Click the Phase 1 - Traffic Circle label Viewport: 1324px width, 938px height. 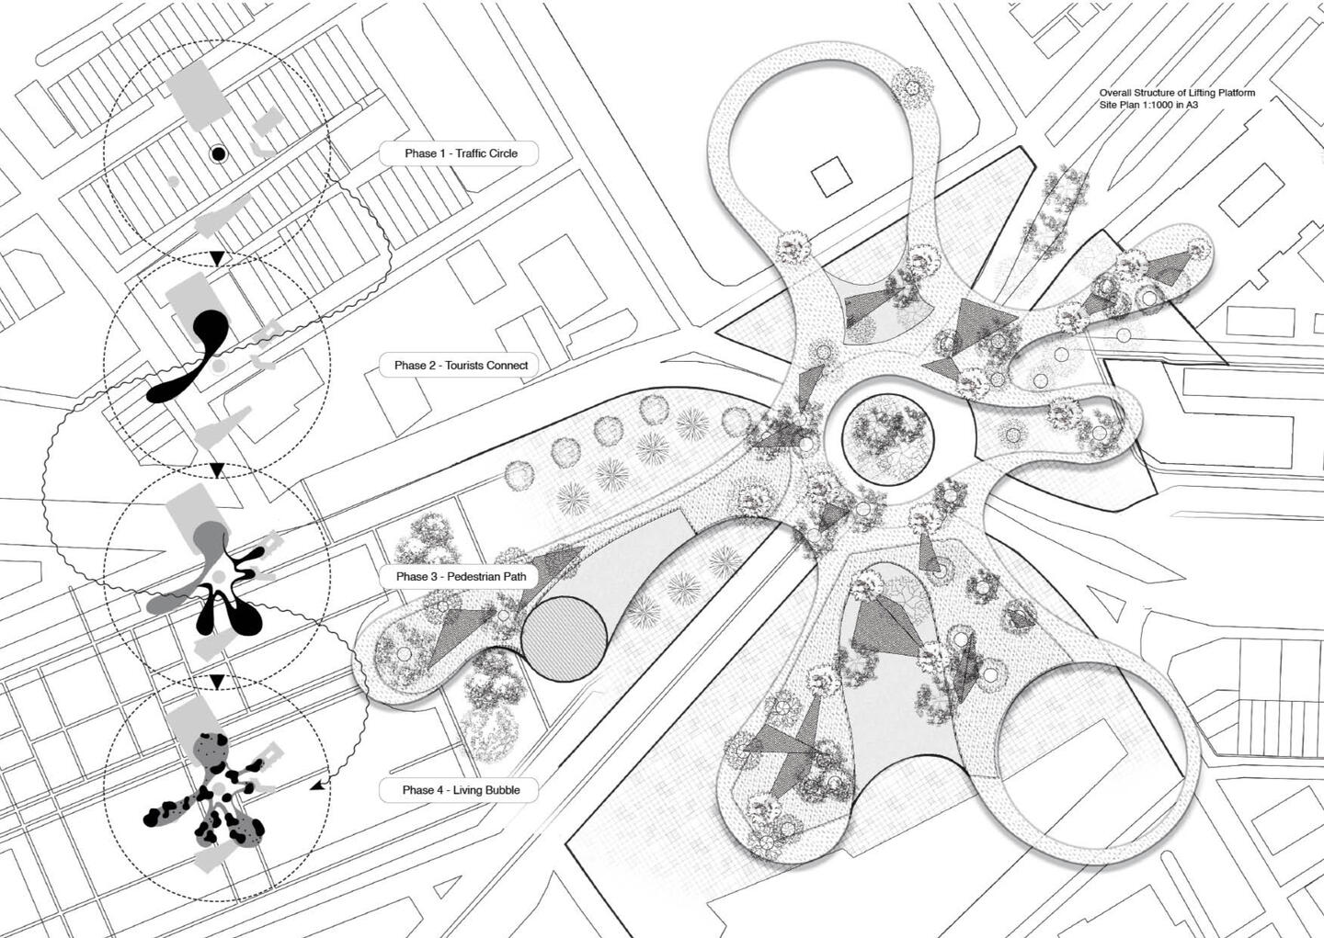(x=460, y=153)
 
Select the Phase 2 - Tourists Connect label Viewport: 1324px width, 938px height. (x=460, y=365)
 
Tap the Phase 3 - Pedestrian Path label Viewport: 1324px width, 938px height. (x=460, y=577)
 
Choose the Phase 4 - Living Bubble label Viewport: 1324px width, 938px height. (x=460, y=790)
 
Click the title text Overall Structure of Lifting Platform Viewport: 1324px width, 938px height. (x=1177, y=94)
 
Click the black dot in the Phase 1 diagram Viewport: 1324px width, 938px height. (x=219, y=154)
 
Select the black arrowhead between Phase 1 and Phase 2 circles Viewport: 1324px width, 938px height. (x=218, y=258)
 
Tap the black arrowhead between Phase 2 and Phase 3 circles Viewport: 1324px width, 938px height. (x=218, y=470)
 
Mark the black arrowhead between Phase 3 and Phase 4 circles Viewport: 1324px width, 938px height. (x=218, y=683)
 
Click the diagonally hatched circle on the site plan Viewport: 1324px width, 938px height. (x=564, y=639)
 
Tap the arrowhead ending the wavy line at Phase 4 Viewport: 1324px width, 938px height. (x=317, y=785)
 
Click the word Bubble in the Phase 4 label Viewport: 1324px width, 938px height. (x=501, y=790)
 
